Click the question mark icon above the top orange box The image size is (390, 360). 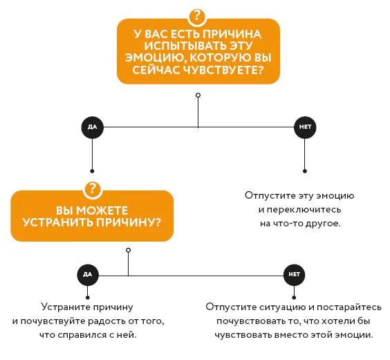coord(197,17)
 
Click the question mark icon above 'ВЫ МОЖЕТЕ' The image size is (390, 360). coord(92,189)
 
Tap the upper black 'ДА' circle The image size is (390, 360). coord(92,127)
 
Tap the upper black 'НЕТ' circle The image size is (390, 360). coord(305,127)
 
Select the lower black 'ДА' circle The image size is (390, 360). coord(88,275)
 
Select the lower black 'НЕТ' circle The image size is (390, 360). coord(294,275)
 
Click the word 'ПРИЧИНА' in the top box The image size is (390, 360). coord(232,34)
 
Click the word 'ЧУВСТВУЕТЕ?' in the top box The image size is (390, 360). coord(223,70)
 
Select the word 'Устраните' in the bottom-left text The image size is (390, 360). coord(66,307)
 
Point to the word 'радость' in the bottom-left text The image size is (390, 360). coord(107,321)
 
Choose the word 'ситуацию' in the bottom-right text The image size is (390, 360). coord(283,307)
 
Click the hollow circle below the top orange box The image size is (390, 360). coord(198,95)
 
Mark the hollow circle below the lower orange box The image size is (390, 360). coord(129,250)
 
